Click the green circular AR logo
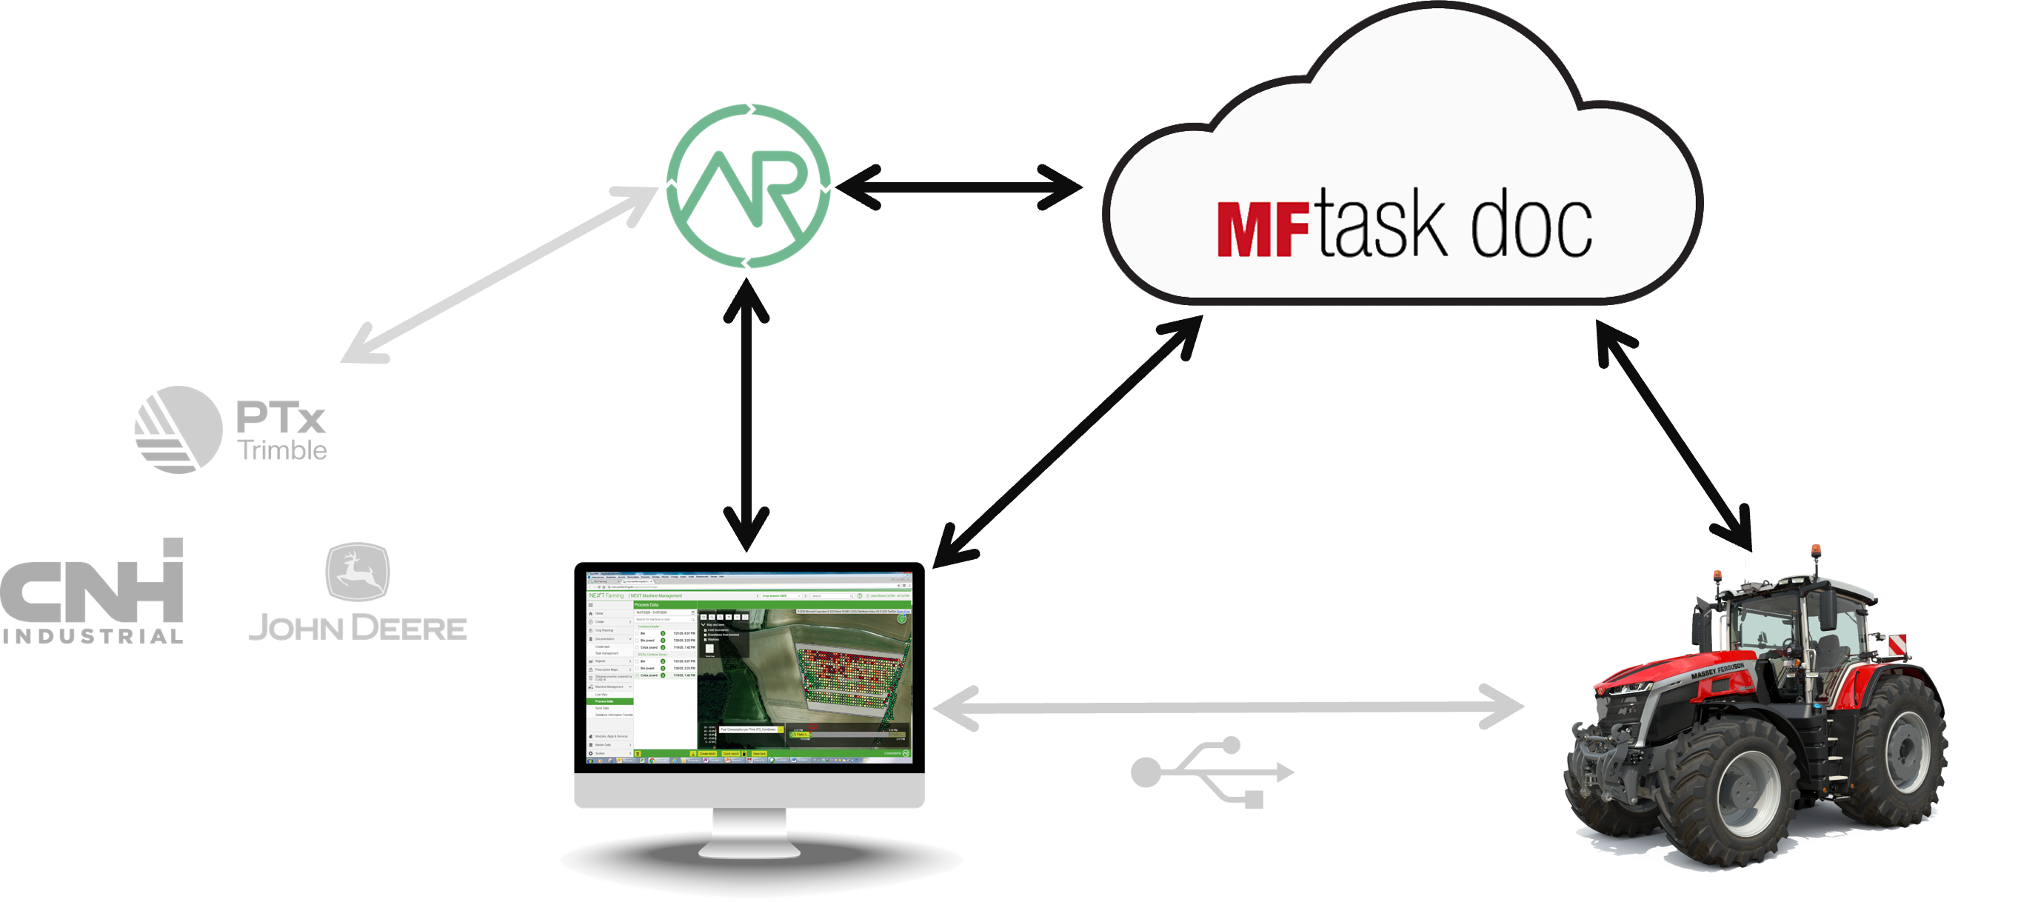coord(748,187)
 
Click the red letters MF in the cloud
coord(1262,230)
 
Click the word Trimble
coord(283,450)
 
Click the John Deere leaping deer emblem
coord(357,570)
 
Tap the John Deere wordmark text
coord(357,628)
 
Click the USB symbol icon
coord(1212,772)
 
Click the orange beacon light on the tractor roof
coord(1816,551)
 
